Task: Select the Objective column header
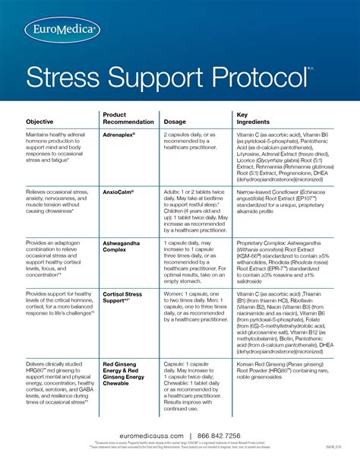tap(39, 122)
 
